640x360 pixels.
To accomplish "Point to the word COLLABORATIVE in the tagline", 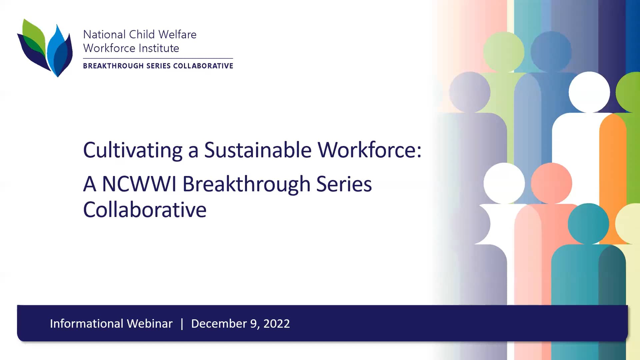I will (x=203, y=66).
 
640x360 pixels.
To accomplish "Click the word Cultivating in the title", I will (x=132, y=150).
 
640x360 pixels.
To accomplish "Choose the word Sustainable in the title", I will (x=258, y=150).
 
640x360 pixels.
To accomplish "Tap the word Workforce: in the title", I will (x=369, y=150).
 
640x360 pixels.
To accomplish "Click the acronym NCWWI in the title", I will (x=139, y=184).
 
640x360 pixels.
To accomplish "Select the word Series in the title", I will (x=344, y=184).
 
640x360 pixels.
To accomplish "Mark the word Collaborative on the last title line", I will (x=145, y=210).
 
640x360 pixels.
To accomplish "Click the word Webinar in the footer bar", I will (x=150, y=324).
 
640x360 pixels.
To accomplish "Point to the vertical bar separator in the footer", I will (x=182, y=324).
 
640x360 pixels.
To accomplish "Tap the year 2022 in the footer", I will (x=276, y=324).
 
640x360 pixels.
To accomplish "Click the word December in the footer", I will (x=219, y=324).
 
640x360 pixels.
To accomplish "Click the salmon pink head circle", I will (x=551, y=183).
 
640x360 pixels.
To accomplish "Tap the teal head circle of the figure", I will (x=588, y=224).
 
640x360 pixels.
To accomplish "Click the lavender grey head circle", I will (x=469, y=92).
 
